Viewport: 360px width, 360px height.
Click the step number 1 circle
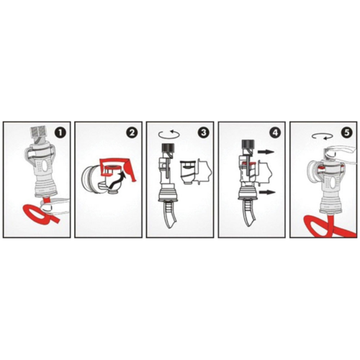tap(59, 134)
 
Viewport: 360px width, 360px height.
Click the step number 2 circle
tap(130, 133)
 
